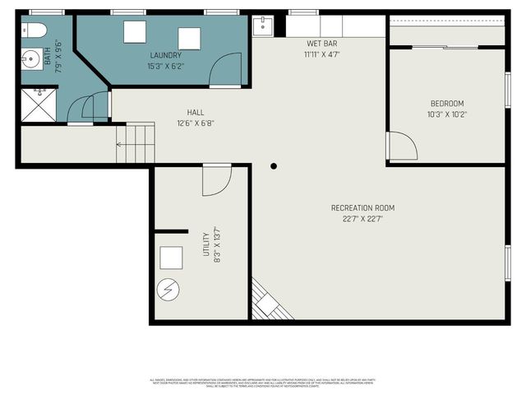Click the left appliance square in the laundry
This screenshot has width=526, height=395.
(135, 31)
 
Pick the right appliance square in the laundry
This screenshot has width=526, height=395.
(189, 39)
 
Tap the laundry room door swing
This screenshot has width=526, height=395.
(224, 72)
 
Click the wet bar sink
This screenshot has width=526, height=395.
(262, 24)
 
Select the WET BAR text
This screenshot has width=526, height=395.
(321, 43)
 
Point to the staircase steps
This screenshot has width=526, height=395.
(136, 144)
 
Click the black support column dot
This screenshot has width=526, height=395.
(274, 165)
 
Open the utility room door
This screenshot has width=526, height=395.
(216, 180)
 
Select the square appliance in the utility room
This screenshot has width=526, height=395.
(172, 258)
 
